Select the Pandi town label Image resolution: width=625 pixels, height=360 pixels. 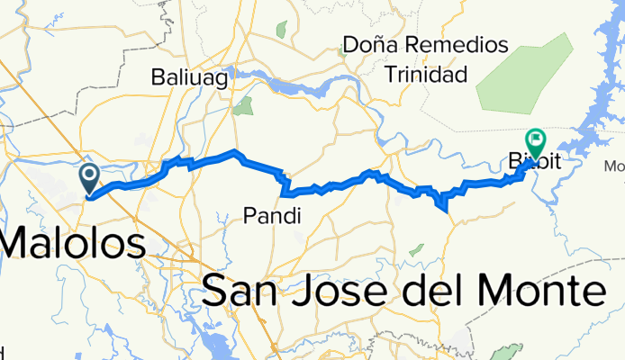271,215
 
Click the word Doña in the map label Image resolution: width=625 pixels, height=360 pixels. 371,46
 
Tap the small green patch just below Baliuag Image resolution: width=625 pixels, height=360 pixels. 242,108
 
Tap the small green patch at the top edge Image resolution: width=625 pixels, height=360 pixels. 281,30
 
